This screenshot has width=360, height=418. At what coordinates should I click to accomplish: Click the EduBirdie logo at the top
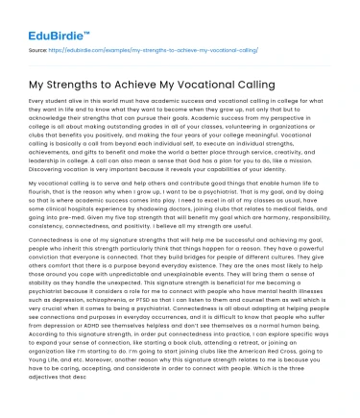43,17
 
